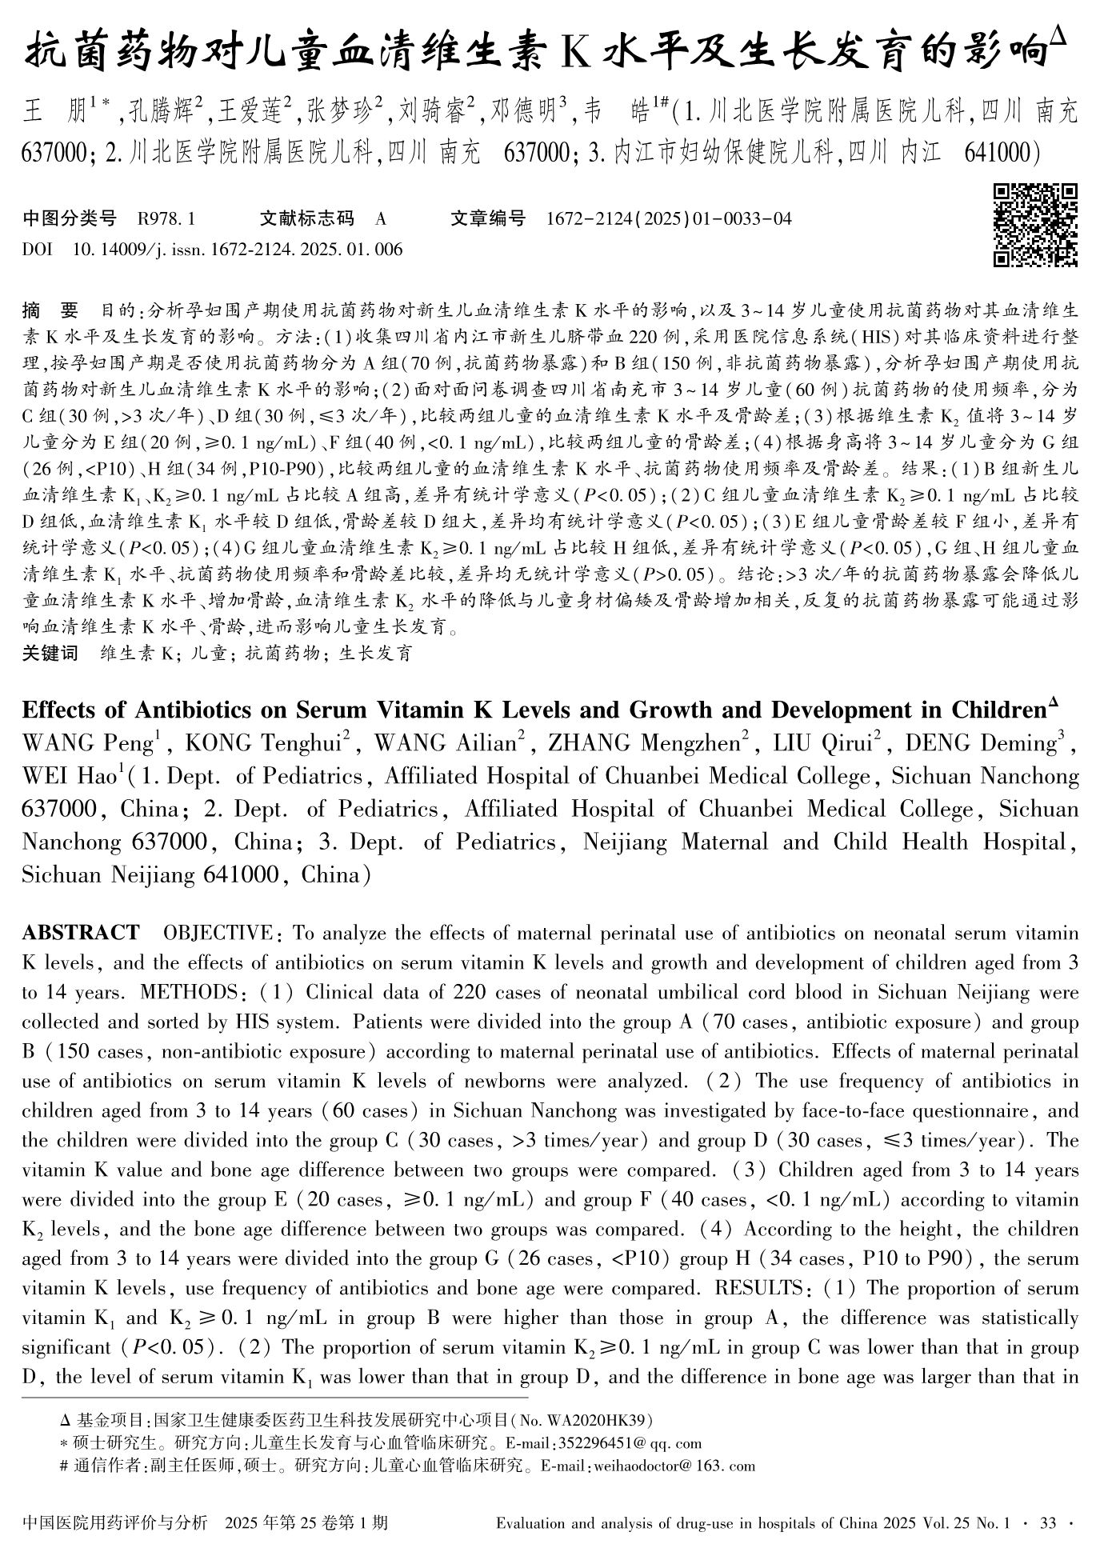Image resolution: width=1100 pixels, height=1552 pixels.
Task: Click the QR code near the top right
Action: click(1035, 225)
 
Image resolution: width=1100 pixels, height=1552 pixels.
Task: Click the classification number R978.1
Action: click(166, 218)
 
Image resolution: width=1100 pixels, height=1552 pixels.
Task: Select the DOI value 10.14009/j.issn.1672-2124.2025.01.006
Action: click(238, 250)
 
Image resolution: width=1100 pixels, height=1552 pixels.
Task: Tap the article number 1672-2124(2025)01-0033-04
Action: click(669, 218)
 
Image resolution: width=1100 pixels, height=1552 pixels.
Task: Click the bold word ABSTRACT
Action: click(80, 933)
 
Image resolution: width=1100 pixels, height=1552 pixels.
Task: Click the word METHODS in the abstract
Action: click(190, 992)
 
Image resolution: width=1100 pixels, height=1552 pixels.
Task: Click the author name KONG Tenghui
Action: click(263, 743)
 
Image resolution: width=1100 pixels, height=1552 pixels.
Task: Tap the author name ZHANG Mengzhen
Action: click(642, 743)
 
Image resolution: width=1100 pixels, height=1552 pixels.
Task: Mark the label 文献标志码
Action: click(306, 218)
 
